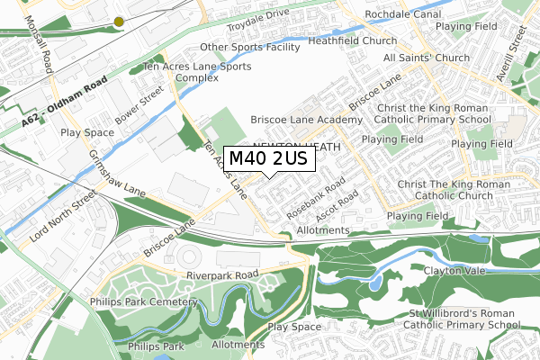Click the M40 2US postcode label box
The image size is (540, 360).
pyautogui.click(x=268, y=158)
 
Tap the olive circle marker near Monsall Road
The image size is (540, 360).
pyautogui.click(x=119, y=21)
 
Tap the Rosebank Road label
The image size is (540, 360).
pyautogui.click(x=315, y=201)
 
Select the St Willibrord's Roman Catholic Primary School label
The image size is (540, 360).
pyautogui.click(x=459, y=319)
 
